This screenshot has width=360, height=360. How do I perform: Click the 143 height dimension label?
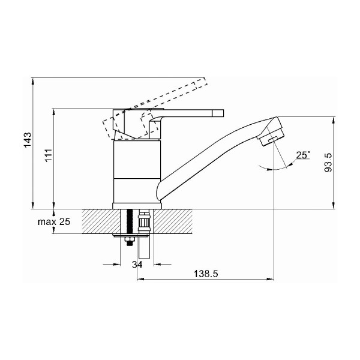point(28,140)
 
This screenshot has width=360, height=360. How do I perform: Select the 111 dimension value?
point(49,155)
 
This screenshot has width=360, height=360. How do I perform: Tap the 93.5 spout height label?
point(328,163)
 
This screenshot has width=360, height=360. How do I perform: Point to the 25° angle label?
point(303,155)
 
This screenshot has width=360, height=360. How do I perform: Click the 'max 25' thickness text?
point(54,222)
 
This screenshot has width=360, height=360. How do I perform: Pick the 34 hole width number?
point(137,265)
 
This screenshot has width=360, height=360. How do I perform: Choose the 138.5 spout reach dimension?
point(206,274)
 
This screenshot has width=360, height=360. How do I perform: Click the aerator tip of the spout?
point(271,138)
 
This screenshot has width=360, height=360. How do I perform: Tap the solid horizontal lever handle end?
point(218,113)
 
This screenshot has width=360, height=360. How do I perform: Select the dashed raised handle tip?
point(202,83)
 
